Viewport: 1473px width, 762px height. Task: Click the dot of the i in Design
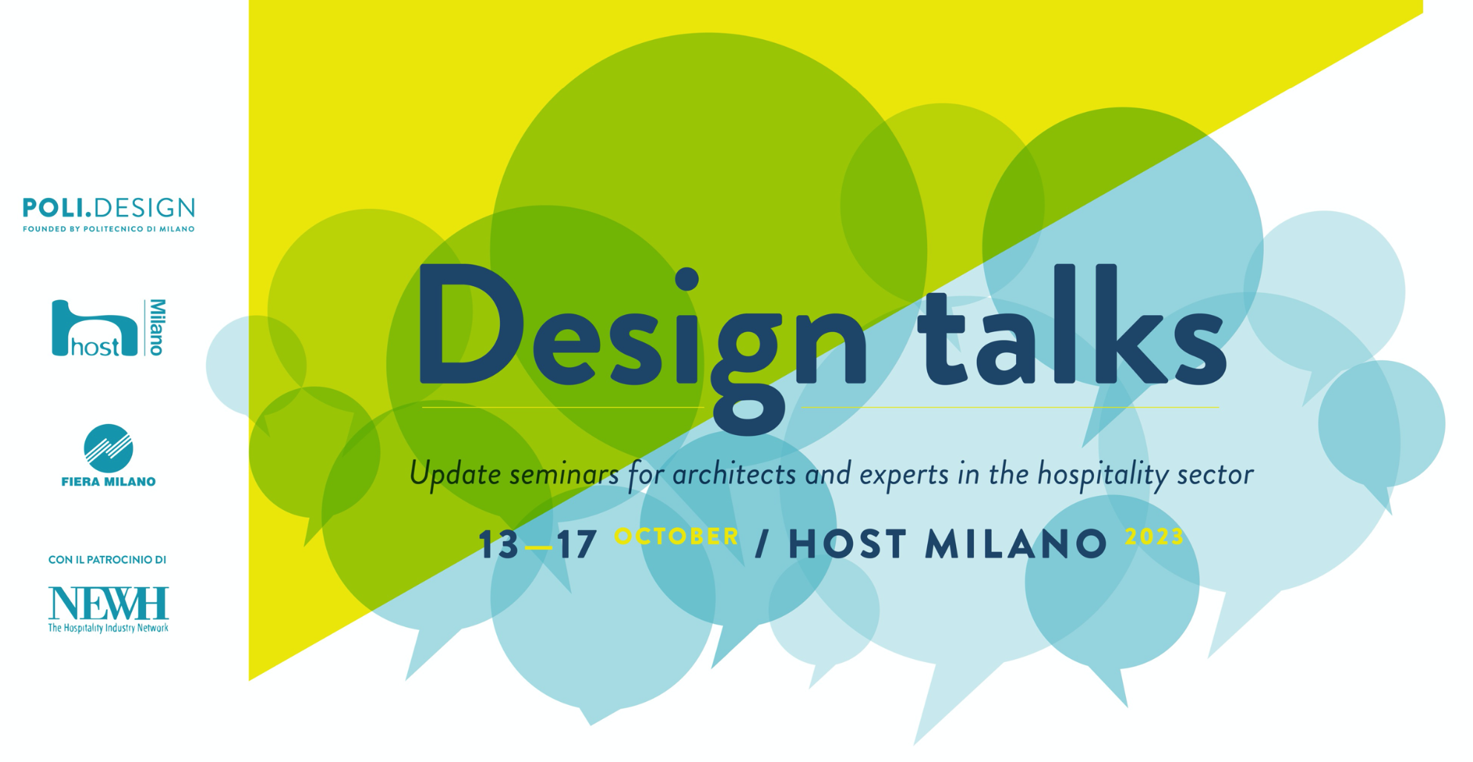[687, 279]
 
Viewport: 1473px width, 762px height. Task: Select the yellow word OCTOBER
[676, 536]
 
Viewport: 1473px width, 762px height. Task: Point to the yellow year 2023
[1154, 537]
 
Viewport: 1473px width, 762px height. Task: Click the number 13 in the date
[498, 545]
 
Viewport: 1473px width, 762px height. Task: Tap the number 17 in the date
[577, 545]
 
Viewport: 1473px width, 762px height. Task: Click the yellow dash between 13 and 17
[538, 548]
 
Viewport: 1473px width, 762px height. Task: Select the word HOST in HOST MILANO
[847, 544]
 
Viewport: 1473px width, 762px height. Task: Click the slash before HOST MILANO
[761, 544]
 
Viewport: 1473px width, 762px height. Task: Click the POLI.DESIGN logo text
[109, 208]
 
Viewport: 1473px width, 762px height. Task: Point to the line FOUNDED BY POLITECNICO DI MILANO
[109, 229]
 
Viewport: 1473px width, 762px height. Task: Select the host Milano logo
[109, 328]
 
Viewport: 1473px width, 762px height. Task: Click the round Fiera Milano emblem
[108, 448]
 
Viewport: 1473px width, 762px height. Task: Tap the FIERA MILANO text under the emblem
[108, 482]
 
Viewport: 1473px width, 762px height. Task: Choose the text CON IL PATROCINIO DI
[108, 560]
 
